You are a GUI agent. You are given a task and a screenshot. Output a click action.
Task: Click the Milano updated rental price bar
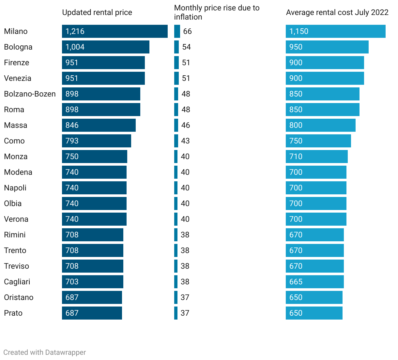115,31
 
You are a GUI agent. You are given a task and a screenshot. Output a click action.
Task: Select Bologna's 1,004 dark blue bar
105,47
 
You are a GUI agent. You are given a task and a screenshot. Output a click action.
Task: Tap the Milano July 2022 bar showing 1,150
335,31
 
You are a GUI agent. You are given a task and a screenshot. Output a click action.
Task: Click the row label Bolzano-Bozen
30,94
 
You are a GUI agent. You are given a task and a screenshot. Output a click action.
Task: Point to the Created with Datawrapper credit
45,352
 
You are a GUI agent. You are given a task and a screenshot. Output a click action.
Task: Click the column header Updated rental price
97,12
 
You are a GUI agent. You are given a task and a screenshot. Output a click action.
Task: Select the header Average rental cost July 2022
337,12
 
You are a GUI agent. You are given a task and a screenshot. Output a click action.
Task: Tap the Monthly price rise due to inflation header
217,12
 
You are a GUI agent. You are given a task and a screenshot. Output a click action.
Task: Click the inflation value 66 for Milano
187,31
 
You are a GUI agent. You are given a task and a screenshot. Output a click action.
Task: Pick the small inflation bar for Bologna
176,47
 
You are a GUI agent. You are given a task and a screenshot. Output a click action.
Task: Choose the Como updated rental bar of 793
96,141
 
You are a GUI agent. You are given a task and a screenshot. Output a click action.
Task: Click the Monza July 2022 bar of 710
316,157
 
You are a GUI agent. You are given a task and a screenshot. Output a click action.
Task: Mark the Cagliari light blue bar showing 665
314,282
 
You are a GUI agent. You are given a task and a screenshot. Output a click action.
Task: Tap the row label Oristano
19,297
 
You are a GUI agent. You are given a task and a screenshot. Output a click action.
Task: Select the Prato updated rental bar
92,313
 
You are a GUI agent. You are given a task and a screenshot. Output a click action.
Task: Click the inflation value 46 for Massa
186,125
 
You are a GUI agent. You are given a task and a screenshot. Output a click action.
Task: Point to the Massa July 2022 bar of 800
320,125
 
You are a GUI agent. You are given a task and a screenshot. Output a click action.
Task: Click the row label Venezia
18,78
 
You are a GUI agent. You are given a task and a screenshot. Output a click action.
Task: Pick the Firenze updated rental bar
103,63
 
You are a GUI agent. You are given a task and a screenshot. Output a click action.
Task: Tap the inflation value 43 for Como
185,141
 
